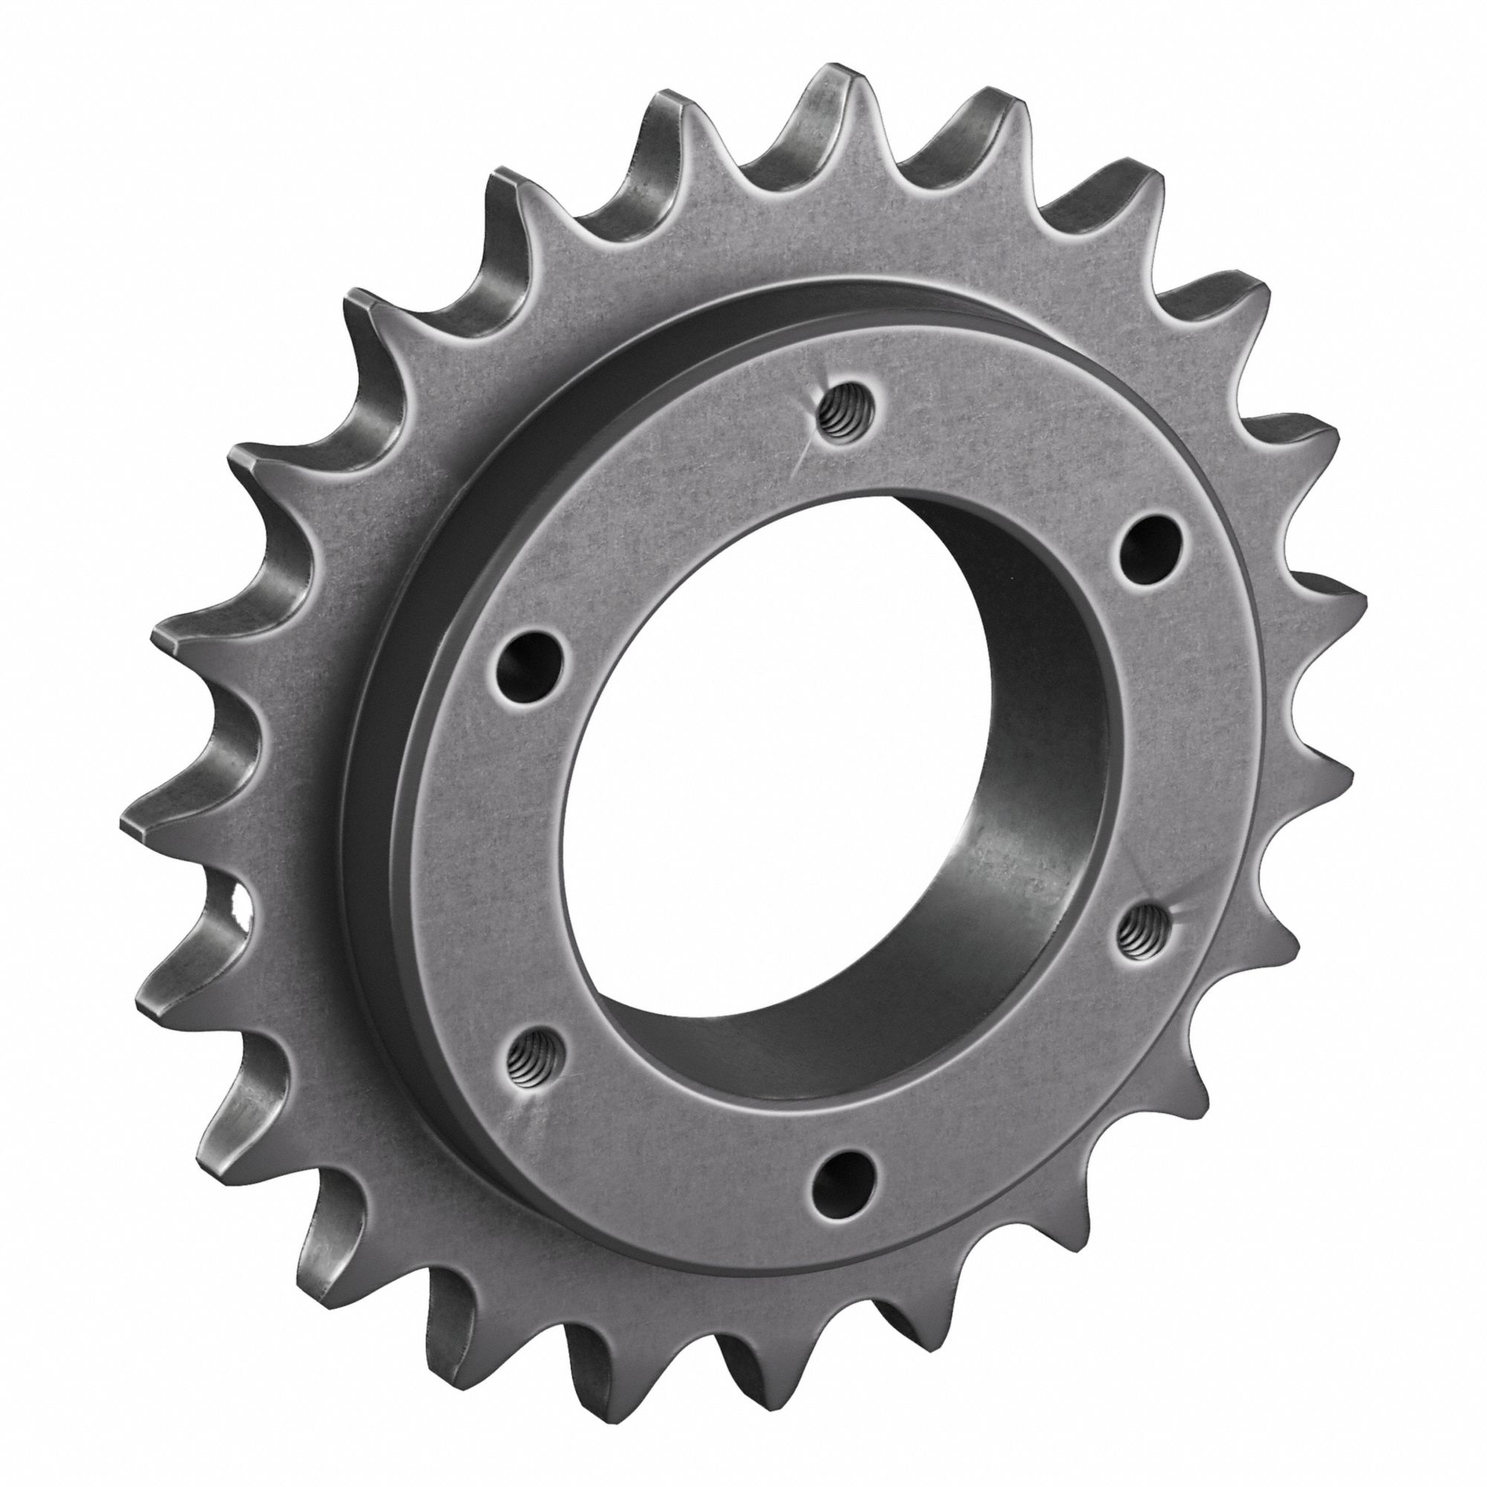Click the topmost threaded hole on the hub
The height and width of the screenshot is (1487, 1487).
(x=838, y=419)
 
